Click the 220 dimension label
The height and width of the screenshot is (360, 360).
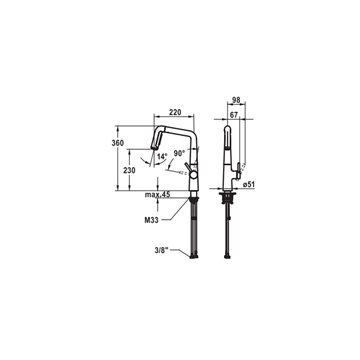tap(175, 112)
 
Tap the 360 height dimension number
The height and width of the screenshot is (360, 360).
tap(118, 143)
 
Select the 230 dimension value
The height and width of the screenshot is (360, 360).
tap(129, 170)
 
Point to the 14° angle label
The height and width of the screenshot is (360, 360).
tap(162, 156)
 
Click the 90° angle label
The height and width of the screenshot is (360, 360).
tap(179, 154)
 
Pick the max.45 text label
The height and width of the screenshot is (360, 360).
tap(157, 195)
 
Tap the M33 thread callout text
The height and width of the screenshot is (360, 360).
tap(151, 220)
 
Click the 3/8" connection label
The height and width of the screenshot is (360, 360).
tap(167, 250)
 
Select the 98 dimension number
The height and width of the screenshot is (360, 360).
tap(236, 100)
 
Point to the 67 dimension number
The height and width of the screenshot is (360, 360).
tap(234, 115)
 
